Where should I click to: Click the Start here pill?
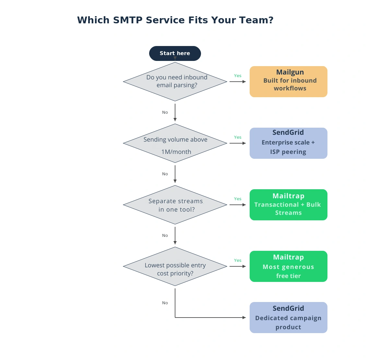tap(175, 53)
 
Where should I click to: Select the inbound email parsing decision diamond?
tap(175, 82)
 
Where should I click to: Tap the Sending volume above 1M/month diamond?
tap(175, 143)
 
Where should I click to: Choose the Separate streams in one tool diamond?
tap(175, 205)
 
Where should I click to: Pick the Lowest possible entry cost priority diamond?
tap(175, 266)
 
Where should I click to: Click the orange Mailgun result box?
tap(288, 82)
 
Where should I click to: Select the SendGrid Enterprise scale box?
tap(288, 143)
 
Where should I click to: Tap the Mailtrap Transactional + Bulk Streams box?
tap(288, 205)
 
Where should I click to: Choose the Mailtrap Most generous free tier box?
tap(288, 266)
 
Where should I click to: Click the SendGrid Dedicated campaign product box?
tap(288, 318)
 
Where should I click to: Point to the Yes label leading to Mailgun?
tap(238, 75)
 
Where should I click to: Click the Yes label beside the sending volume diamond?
tap(238, 137)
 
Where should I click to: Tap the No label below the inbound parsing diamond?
tap(165, 112)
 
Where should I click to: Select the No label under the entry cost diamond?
tap(165, 303)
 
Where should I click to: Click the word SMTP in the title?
tap(128, 20)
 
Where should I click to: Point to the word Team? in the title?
tap(256, 20)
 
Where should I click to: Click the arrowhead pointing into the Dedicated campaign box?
tap(244, 318)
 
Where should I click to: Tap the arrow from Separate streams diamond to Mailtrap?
tap(238, 205)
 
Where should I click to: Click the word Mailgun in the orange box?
tap(290, 72)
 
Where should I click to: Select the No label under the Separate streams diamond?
tap(165, 235)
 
